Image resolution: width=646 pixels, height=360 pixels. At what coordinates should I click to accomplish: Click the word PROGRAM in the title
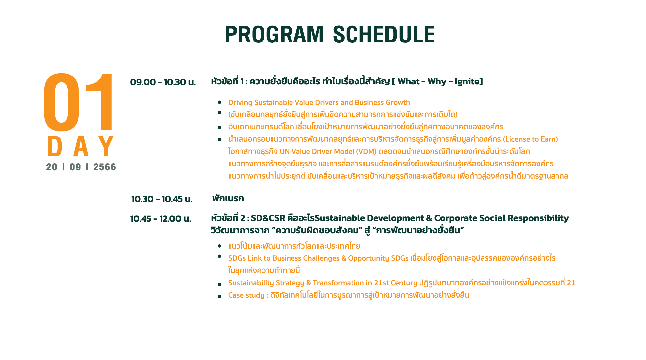pos(274,35)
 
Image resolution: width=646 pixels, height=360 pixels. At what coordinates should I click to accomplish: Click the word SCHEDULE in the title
pos(384,35)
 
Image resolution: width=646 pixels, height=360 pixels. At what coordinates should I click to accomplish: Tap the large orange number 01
pos(79,102)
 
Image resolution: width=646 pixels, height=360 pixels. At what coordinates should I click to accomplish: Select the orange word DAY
pos(81,146)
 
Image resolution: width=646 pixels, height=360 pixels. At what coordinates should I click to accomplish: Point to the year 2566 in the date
pos(105,167)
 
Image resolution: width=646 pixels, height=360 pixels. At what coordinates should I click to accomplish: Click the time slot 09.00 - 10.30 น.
pos(163,82)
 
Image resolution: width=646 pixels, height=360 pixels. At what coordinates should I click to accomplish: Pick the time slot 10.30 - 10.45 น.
pos(162,199)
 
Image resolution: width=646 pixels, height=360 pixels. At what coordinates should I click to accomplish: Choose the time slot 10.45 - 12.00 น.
pos(161,219)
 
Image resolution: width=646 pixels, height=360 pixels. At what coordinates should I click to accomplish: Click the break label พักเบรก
pos(228,198)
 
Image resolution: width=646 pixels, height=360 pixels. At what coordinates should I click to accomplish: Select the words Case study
pos(246,295)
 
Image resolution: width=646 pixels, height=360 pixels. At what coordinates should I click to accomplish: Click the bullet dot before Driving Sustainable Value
pos(220,102)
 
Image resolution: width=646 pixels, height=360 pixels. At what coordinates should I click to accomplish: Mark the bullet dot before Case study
pos(220,296)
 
